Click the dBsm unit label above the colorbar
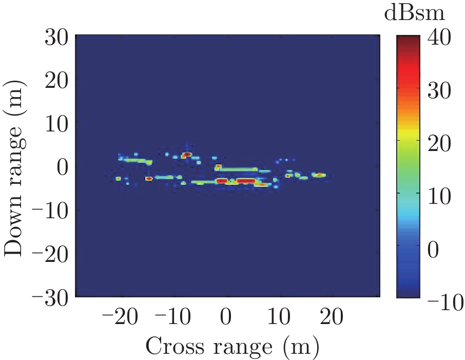click(x=414, y=14)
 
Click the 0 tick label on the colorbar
click(x=433, y=251)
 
